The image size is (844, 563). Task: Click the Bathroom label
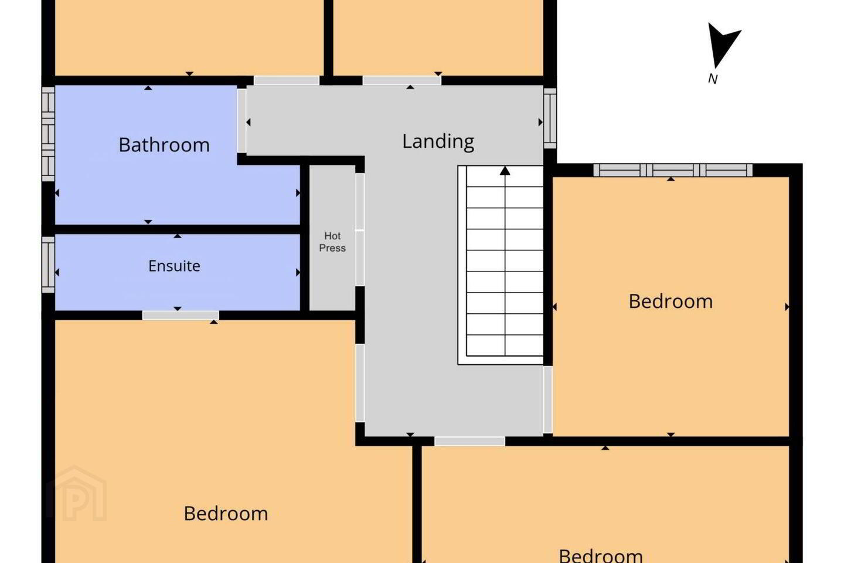click(164, 145)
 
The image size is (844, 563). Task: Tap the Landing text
click(438, 142)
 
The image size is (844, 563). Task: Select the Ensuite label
click(174, 266)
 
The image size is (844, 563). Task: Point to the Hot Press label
click(332, 242)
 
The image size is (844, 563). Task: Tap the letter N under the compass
click(713, 79)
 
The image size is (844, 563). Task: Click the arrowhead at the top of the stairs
click(505, 171)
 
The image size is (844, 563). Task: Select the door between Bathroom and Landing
click(241, 120)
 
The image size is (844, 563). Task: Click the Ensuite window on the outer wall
click(48, 264)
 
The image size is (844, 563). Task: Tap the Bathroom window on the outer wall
click(48, 134)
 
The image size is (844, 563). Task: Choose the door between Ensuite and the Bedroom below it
click(181, 316)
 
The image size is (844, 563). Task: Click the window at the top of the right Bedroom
click(673, 170)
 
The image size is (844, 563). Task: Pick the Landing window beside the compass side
click(550, 118)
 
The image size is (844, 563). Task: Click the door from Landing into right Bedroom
click(548, 400)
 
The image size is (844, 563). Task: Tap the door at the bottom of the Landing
click(469, 441)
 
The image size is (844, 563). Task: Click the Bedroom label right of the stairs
click(671, 301)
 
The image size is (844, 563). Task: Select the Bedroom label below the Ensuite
click(226, 514)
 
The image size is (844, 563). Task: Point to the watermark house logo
click(76, 494)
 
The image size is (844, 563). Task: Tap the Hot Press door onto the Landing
click(360, 230)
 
